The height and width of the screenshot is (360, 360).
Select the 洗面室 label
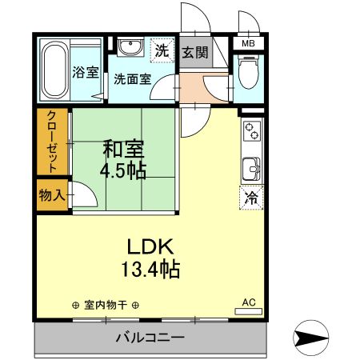coord(132,79)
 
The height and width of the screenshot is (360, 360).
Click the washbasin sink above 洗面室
coord(128,49)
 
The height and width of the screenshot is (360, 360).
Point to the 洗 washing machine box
coord(162,50)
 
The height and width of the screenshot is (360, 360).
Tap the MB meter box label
coord(249,44)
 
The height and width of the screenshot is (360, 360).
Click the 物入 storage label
coord(52,194)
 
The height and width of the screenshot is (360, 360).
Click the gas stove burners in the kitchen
coord(251,131)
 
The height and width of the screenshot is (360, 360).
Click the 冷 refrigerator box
coord(251,197)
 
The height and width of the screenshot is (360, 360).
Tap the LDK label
coord(149,246)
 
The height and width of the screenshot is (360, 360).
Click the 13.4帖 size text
coord(149,269)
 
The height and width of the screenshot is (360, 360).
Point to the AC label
coord(249,302)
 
